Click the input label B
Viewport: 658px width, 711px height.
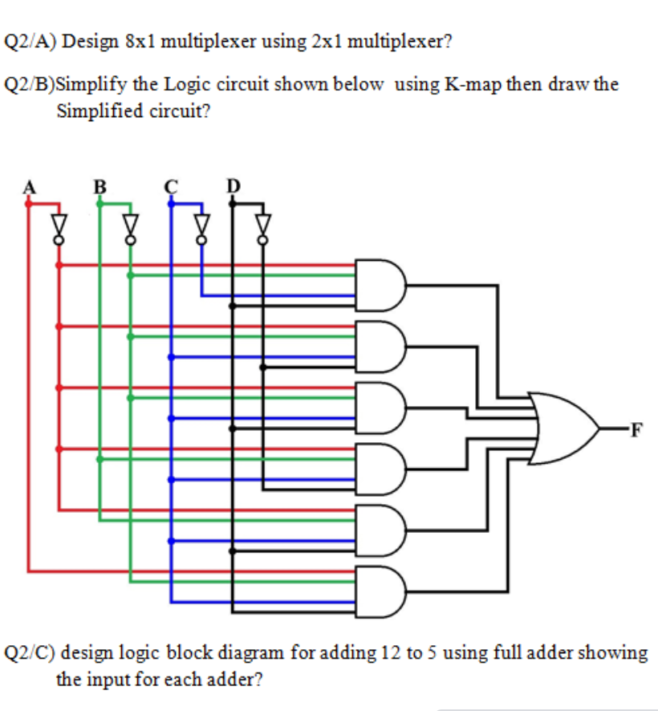pyautogui.click(x=100, y=186)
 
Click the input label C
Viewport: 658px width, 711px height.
pyautogui.click(x=170, y=186)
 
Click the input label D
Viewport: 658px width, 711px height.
pyautogui.click(x=233, y=186)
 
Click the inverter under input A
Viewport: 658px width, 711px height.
pyautogui.click(x=59, y=225)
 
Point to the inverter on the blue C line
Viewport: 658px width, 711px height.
pyautogui.click(x=201, y=225)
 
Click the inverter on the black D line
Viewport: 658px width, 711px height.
pyautogui.click(x=262, y=225)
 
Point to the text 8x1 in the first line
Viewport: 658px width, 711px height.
pyautogui.click(x=140, y=41)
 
